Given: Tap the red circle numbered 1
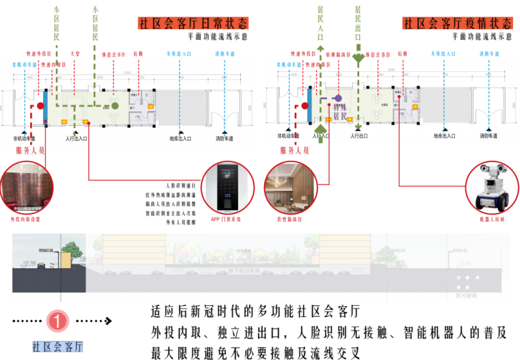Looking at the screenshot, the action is click(60, 320).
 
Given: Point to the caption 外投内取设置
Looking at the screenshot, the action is click(25, 219).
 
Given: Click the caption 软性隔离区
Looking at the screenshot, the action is click(290, 220).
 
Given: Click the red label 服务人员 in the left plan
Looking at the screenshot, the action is click(29, 149).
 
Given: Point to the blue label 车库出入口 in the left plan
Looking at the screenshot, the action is click(179, 53).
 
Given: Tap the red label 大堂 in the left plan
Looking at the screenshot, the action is click(76, 53).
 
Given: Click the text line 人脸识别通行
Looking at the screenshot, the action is click(181, 185).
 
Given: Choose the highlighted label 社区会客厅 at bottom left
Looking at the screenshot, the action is click(57, 346).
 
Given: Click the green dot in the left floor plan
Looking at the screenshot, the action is click(116, 106).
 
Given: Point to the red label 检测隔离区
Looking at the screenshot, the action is click(339, 53).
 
